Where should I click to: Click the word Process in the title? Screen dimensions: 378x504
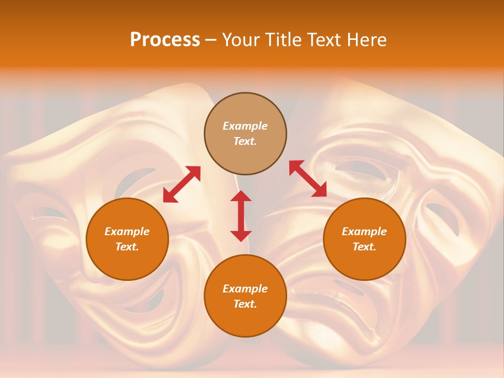pos(165,40)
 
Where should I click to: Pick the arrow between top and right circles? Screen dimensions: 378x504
pos(308,179)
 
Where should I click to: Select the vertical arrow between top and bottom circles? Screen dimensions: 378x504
pos(241,216)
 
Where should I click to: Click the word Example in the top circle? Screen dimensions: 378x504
pos(245,126)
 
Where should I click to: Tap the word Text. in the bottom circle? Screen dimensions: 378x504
pos(245,304)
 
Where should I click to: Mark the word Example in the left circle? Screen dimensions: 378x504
pos(127,232)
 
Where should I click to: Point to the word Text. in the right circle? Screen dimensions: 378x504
pos(364,247)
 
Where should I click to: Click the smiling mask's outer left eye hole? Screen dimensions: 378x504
pos(50,214)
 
